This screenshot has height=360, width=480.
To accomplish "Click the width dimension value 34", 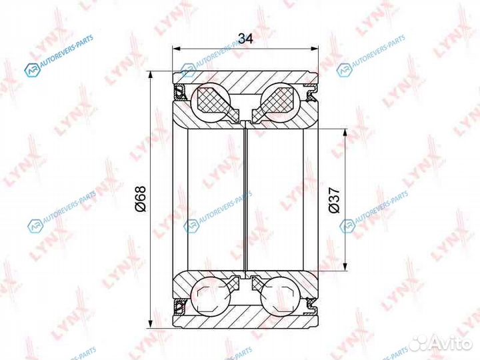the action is coord(245,39).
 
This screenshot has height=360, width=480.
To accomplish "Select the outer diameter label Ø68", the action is coord(141,199).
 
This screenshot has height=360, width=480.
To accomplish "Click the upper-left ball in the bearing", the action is coord(210,103).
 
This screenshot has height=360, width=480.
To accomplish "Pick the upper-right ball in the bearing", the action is coord(280,103).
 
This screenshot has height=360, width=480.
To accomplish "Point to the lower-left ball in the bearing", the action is coord(210,295).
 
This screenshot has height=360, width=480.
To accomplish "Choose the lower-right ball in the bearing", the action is coord(280,295).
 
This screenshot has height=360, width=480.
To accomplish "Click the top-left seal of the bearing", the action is coord(179,93).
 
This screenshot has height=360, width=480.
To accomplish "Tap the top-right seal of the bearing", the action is coord(312,93).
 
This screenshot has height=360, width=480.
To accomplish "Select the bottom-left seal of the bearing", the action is coord(179,307).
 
